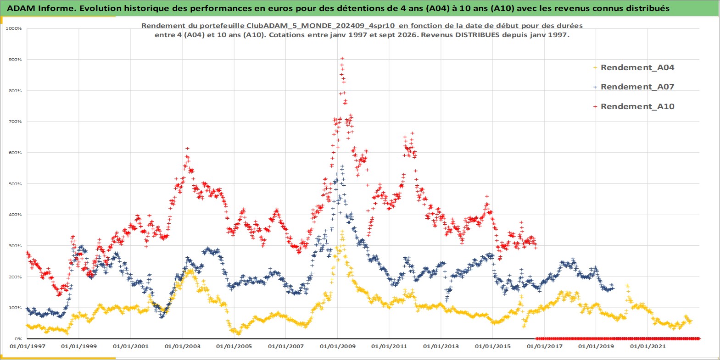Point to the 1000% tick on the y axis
pos(13,28)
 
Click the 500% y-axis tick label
pos(15,184)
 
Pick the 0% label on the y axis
pos(18,339)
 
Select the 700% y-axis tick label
pos(15,122)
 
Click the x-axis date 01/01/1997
pos(28,347)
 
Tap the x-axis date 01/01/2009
pos(337,347)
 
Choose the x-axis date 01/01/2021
pos(647,347)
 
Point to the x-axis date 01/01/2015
pos(493,347)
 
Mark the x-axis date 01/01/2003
pos(183,347)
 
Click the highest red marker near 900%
pos(342,58)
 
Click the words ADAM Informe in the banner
pos(40,8)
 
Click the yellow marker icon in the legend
pos(595,68)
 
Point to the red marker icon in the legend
pos(595,106)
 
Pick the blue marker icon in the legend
pos(595,87)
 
